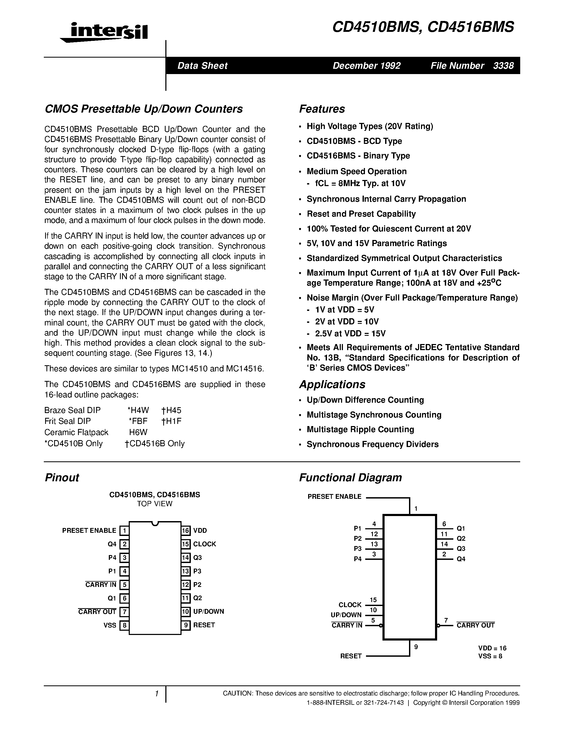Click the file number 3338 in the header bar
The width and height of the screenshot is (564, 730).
point(503,66)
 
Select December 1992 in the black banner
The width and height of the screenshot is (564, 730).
point(367,66)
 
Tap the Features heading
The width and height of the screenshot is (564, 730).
point(322,109)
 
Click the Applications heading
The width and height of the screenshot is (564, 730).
point(332,384)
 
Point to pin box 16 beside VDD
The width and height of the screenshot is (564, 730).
point(186,530)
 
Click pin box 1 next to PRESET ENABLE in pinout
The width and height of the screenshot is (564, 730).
point(124,530)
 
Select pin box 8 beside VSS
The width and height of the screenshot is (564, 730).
point(124,625)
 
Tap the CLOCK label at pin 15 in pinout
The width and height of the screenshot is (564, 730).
point(204,544)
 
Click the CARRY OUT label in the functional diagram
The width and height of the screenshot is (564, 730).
point(475,625)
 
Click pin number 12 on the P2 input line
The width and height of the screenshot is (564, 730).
point(374,534)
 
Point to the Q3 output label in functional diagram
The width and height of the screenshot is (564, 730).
point(461,548)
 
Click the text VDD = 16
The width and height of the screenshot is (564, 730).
point(492,648)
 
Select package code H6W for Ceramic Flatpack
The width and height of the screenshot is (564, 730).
point(138,432)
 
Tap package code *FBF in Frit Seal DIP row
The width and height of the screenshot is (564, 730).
point(138,421)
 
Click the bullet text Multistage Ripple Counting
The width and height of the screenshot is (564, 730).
point(360,429)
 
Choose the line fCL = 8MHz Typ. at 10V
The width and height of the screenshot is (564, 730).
point(360,183)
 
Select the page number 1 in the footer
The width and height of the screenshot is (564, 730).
point(156,694)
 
